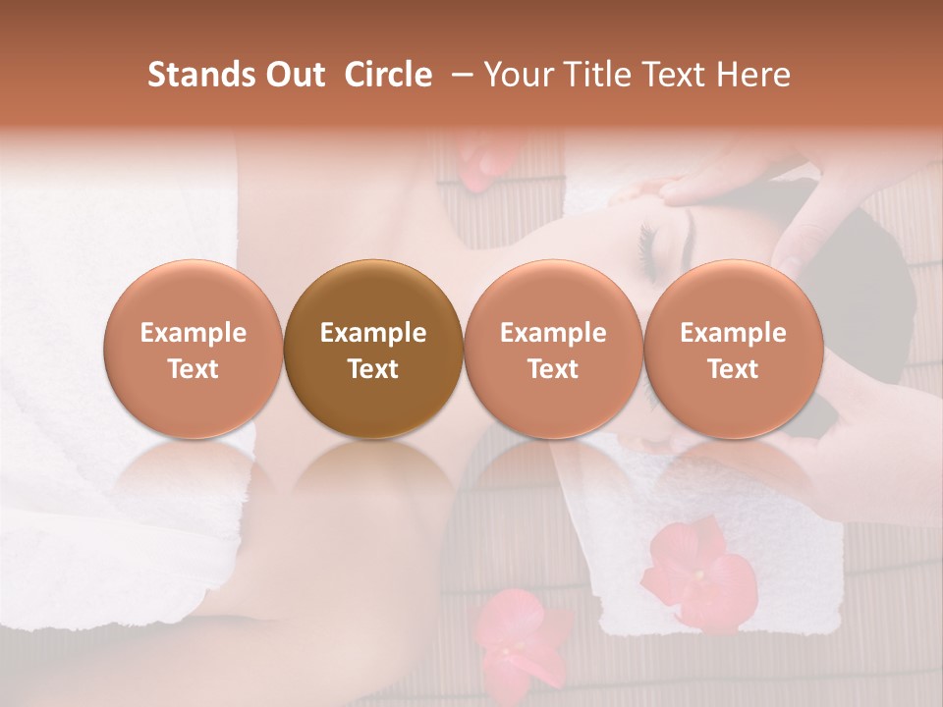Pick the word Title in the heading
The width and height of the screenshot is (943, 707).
[593, 75]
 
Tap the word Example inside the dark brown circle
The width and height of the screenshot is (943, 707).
[373, 333]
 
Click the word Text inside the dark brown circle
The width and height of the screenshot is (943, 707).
[373, 369]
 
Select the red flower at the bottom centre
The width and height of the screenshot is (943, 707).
[518, 638]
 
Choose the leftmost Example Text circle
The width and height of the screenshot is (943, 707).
[194, 350]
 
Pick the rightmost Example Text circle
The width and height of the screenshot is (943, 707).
[733, 350]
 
